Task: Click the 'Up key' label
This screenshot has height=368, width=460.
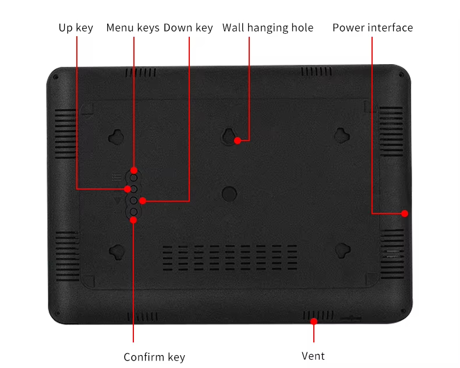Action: tap(76, 28)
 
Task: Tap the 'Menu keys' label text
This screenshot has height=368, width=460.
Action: tap(133, 28)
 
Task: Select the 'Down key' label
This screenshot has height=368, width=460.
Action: tap(188, 28)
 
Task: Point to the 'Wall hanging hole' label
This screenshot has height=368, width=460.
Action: tap(268, 28)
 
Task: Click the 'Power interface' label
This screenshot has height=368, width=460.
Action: tap(373, 27)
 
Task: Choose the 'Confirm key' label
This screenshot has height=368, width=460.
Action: tap(154, 357)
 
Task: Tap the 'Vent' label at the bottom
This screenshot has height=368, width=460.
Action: tap(313, 356)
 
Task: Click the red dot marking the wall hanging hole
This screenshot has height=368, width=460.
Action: tap(238, 141)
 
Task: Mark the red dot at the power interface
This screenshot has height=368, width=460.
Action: tap(405, 213)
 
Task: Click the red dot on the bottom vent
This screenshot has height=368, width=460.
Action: tap(314, 321)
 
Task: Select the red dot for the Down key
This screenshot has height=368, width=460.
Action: tap(143, 201)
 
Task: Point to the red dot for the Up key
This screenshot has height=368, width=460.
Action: tap(128, 189)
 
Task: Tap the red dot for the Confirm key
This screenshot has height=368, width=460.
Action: tap(133, 220)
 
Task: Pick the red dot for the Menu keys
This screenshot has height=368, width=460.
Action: tap(134, 170)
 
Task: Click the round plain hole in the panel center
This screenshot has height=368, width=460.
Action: tap(229, 194)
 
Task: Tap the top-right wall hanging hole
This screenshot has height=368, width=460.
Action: tap(342, 136)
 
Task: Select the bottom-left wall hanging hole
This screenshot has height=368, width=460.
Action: tap(117, 252)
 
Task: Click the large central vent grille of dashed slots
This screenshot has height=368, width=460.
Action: tap(229, 257)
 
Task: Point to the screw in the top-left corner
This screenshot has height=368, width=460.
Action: tap(55, 78)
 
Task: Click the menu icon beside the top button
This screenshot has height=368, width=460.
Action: tap(116, 177)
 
